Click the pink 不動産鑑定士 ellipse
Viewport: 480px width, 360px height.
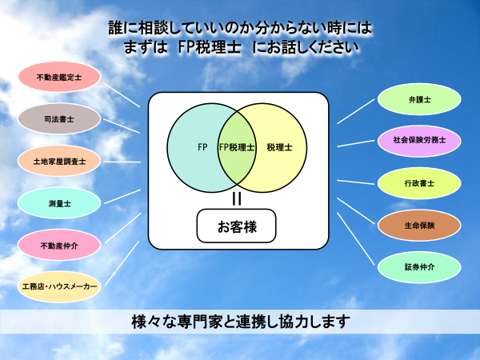pos(59,77)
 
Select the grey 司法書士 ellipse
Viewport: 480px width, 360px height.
pos(59,118)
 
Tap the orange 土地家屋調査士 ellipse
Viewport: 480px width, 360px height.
pos(59,161)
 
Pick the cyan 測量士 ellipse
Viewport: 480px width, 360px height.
pos(59,203)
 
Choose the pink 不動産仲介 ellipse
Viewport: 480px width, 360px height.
pos(59,246)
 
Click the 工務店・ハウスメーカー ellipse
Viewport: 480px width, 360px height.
pos(59,287)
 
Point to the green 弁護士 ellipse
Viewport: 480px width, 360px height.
pos(419,99)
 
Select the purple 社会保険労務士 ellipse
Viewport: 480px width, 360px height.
pos(419,141)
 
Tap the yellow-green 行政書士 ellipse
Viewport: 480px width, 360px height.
pos(419,183)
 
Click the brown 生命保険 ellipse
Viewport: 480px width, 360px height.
pos(419,226)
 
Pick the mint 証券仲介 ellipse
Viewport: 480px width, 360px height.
pos(419,267)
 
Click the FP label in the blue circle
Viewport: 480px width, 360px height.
pos(202,147)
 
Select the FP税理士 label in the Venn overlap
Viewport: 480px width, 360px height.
pos(237,147)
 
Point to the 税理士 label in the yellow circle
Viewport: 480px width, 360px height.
pos(279,147)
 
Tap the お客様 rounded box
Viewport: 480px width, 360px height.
pos(236,226)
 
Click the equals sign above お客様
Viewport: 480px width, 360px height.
pos(237,198)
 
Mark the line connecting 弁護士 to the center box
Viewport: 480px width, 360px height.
pos(356,111)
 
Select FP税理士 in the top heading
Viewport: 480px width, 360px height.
pos(210,47)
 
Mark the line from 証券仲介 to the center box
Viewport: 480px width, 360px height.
pos(356,238)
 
